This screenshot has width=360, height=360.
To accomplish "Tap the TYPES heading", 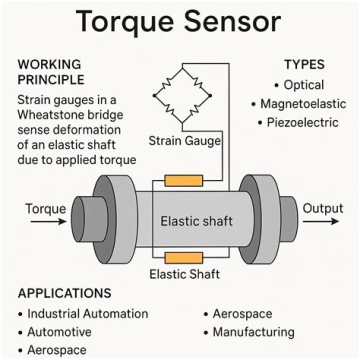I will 304,64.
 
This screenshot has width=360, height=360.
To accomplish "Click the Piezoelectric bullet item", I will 303,122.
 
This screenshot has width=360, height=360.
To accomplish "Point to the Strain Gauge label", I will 184,141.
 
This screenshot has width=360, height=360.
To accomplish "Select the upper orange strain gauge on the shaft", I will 183,180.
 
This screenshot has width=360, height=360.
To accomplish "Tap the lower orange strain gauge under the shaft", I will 183,258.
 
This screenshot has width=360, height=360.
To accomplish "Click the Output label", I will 323,208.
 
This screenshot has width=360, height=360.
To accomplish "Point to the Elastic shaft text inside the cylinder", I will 196,220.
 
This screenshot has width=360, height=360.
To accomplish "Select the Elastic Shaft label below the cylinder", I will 184,274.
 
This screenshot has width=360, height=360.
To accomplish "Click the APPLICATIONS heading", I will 64,293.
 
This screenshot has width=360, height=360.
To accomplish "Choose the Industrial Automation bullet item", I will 87,314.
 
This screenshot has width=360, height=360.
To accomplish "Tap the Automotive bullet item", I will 59,332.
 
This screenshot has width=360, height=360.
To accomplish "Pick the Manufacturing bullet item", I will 253,332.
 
